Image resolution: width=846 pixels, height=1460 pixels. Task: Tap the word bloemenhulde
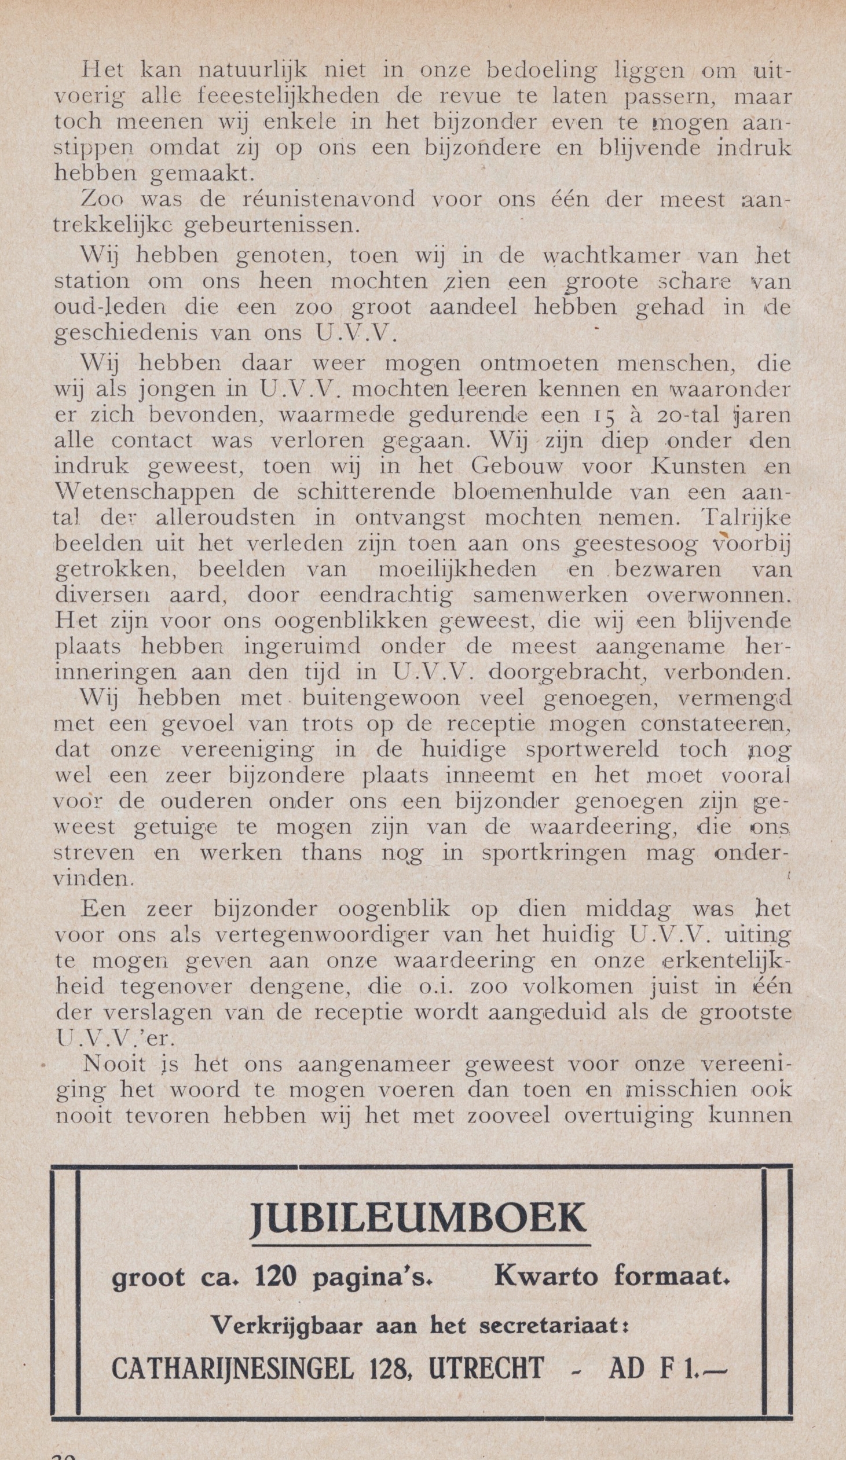(x=534, y=492)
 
